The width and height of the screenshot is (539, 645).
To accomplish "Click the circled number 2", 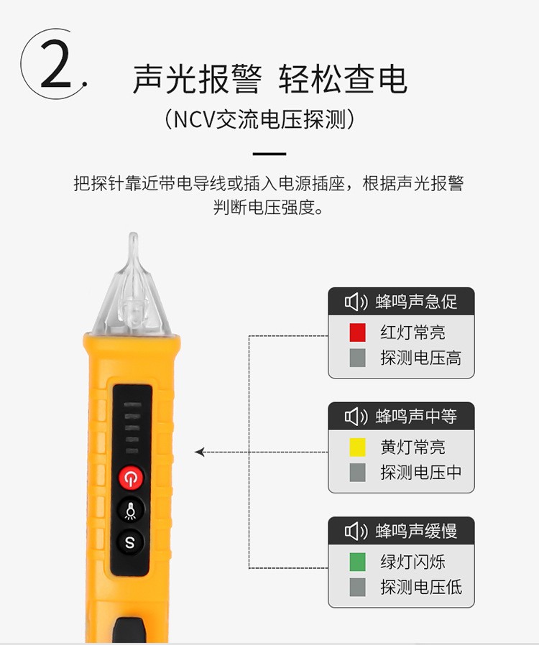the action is pyautogui.click(x=55, y=64).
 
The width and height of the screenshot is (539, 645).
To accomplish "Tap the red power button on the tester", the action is pyautogui.click(x=131, y=478).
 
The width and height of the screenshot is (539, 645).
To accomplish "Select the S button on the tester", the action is pyautogui.click(x=130, y=542).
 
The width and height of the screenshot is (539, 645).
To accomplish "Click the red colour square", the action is pyautogui.click(x=357, y=333).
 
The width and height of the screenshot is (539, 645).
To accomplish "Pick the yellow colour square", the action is pyautogui.click(x=357, y=447).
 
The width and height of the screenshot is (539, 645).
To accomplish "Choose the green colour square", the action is pyautogui.click(x=357, y=562).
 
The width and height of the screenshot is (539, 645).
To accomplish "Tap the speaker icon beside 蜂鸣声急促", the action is pyautogui.click(x=356, y=302).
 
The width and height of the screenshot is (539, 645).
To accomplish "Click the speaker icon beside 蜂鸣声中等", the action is pyautogui.click(x=356, y=417).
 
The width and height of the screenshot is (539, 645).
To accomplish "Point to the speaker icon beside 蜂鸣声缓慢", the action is pyautogui.click(x=356, y=532).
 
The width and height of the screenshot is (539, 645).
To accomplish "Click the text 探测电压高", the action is pyautogui.click(x=420, y=358).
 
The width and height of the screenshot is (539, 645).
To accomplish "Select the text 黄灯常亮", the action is pyautogui.click(x=413, y=447).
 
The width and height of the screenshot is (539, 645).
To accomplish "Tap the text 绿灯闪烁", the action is pyautogui.click(x=413, y=562).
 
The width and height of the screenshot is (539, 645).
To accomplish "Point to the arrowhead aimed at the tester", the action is pyautogui.click(x=200, y=452).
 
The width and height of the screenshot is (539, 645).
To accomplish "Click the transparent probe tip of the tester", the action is pyautogui.click(x=132, y=284).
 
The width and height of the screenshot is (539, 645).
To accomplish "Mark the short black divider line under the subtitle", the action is pyautogui.click(x=269, y=154).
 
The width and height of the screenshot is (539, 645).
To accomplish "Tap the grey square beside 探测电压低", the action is pyautogui.click(x=357, y=588).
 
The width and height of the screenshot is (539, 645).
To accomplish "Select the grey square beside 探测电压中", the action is pyautogui.click(x=357, y=473).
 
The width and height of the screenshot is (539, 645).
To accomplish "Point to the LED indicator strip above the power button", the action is pyautogui.click(x=132, y=428).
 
